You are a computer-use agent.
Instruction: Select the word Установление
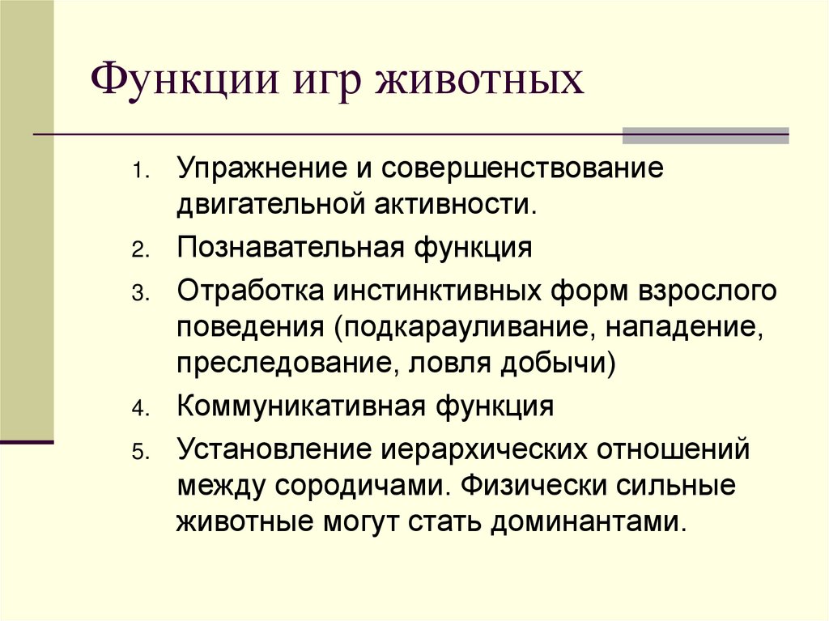(x=268, y=450)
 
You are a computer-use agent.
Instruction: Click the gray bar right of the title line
(x=704, y=135)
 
